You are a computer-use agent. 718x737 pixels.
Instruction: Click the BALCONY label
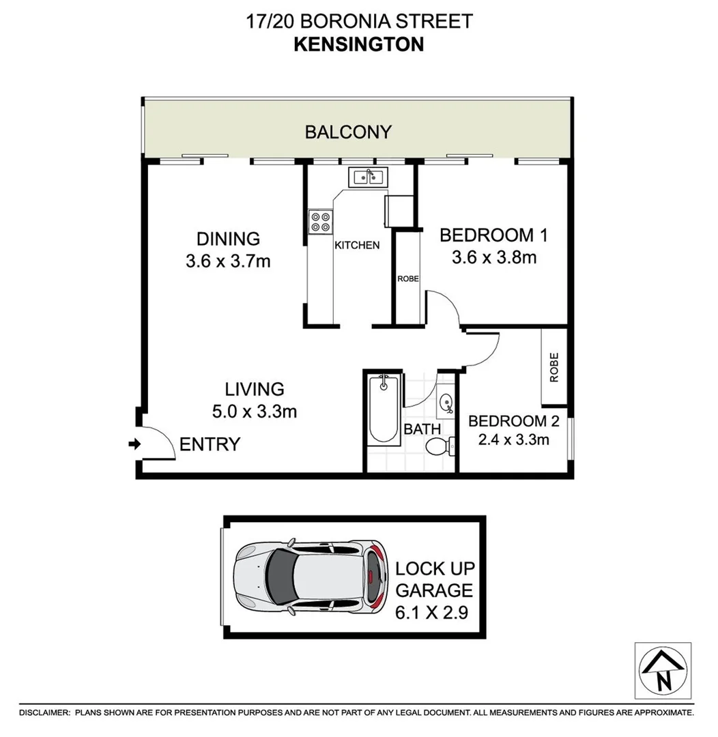tap(348, 132)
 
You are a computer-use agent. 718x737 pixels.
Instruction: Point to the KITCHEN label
tap(356, 245)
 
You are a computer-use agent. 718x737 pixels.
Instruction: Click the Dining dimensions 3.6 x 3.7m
tap(228, 261)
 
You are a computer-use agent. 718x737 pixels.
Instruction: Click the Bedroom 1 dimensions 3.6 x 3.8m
tap(493, 258)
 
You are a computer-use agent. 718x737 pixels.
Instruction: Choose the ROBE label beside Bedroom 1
tap(408, 278)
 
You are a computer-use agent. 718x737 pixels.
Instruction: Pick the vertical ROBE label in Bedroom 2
tap(554, 366)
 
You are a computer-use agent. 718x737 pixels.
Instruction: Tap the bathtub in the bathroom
tap(384, 409)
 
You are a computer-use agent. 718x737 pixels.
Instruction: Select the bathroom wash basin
tap(446, 403)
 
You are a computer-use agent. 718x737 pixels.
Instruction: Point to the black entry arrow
tap(134, 444)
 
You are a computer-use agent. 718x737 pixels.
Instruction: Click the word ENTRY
tap(210, 445)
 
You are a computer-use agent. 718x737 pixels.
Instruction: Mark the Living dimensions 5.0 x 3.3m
tap(254, 411)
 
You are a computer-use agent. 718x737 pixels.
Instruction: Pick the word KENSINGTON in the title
tap(358, 44)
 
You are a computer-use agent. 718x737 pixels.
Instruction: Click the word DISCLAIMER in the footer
tap(44, 712)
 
